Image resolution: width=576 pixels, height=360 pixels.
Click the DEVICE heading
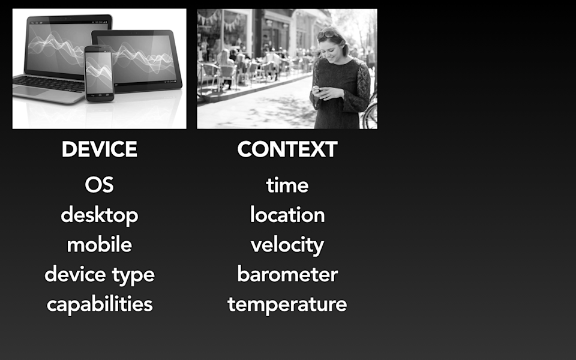click(100, 149)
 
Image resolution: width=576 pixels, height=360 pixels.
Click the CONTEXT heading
click(287, 149)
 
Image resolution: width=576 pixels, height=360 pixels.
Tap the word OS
click(100, 185)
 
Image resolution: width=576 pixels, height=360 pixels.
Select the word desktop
click(100, 215)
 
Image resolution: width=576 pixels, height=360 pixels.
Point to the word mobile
click(100, 245)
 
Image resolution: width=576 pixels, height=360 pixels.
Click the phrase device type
click(100, 275)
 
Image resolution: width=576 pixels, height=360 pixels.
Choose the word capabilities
click(100, 304)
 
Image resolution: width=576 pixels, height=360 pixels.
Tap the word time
click(287, 185)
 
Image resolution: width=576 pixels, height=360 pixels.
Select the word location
click(287, 215)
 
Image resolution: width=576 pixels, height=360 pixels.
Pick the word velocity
click(287, 245)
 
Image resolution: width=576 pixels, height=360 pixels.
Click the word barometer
click(287, 275)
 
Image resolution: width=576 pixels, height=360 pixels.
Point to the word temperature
click(287, 304)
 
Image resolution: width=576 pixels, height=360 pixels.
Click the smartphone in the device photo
click(98, 72)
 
